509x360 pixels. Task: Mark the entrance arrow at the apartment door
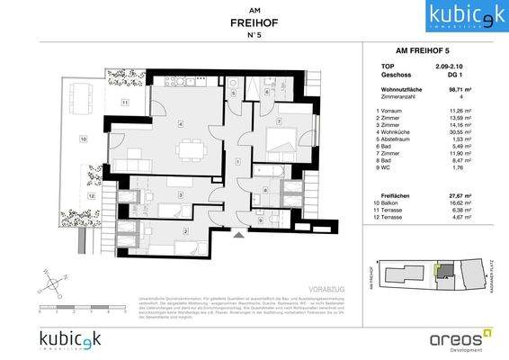(x=237, y=233)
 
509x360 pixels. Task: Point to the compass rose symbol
(x=56, y=280)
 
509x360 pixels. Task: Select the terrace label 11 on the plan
(x=125, y=102)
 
